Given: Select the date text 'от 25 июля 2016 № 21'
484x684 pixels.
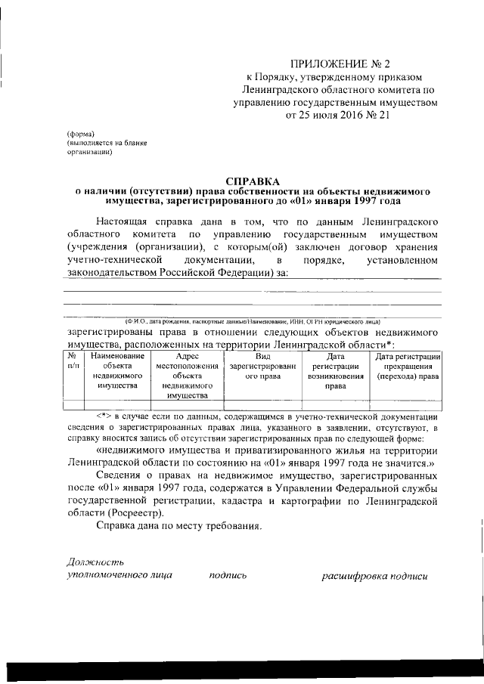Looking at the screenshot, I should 336,116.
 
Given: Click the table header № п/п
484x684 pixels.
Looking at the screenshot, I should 73,361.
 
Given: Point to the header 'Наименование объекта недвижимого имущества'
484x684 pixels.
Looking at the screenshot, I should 117,370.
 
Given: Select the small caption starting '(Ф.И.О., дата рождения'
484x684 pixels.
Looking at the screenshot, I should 257,322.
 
